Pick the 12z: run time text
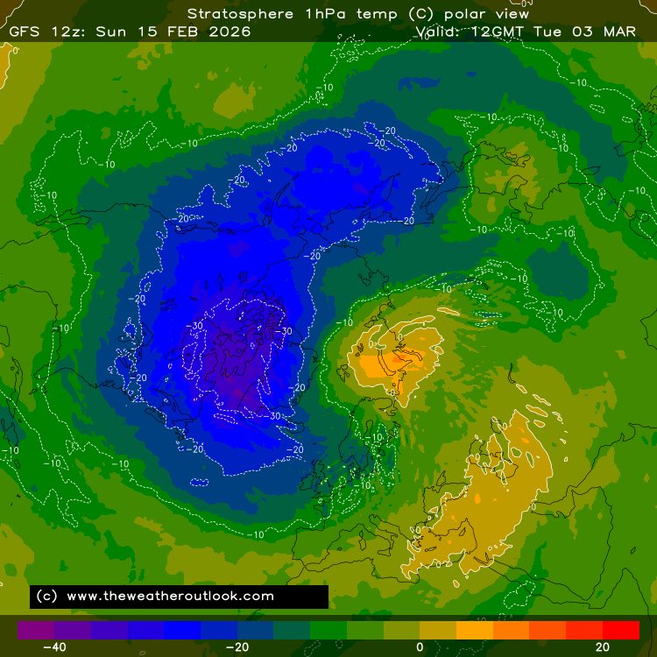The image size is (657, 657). coord(71,32)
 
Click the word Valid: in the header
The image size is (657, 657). coord(442,32)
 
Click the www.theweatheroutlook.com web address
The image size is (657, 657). coord(170,596)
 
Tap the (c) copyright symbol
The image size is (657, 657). coord(47,596)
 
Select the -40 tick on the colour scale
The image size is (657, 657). coord(54,647)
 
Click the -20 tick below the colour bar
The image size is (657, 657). coord(237,647)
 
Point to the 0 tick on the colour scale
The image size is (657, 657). coord(420,647)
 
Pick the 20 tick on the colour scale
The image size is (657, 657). coord(602,647)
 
